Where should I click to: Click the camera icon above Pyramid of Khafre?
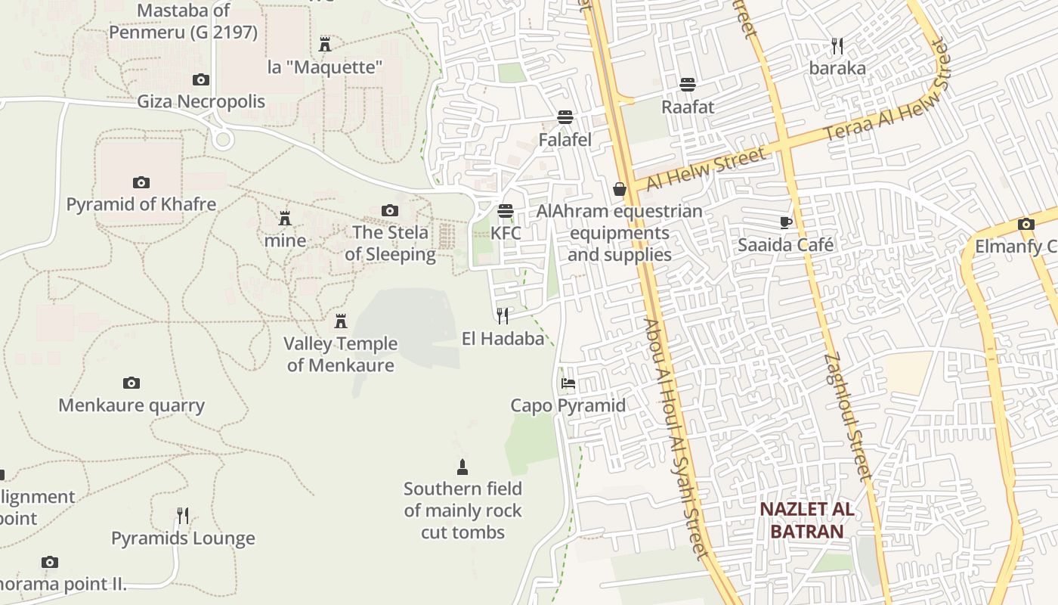tap(141, 182)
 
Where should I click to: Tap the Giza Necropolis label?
tap(201, 101)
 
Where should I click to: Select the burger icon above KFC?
tap(506, 211)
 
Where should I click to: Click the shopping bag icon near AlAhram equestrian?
tap(620, 189)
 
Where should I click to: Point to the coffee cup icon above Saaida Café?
tap(786, 222)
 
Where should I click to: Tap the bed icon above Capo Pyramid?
tap(568, 383)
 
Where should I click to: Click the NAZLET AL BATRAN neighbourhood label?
tap(807, 520)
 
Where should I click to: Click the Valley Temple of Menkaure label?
tap(340, 354)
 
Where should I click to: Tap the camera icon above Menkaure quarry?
tap(131, 383)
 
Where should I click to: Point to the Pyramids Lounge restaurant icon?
tap(183, 516)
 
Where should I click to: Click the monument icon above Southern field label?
tap(462, 467)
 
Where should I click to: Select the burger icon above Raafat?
tap(688, 84)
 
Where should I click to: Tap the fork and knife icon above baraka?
tap(837, 46)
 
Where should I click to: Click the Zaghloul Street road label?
tap(849, 416)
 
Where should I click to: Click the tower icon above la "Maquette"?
tap(325, 45)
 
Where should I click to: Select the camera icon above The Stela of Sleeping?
tap(390, 211)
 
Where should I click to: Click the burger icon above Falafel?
tap(565, 117)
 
